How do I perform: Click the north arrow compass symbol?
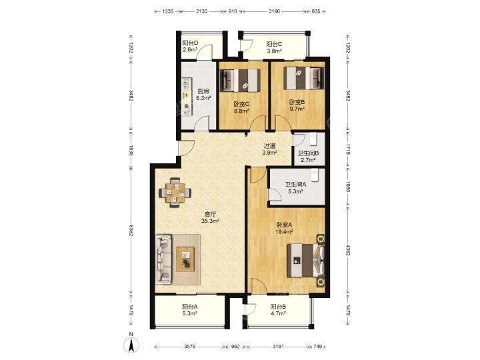pos(131,345)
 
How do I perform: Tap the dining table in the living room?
pos(175,193)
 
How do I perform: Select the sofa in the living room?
pos(163,259)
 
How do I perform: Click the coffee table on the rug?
pos(185,259)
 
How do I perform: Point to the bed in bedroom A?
pos(306,260)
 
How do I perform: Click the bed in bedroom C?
pos(240,80)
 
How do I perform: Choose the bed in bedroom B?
pos(304,79)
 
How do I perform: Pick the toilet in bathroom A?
pos(315,175)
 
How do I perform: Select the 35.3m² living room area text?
pos(210,221)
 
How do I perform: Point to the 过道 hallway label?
pos(270,146)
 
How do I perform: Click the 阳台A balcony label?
pos(190,307)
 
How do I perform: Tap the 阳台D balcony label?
pos(190,43)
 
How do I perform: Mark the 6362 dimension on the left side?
pos(131,230)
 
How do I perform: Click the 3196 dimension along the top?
pos(275,11)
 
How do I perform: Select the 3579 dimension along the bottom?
pos(190,347)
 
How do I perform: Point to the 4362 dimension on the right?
pos(348,249)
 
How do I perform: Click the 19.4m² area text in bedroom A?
pos(285,232)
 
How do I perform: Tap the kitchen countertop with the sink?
pos(187,97)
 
